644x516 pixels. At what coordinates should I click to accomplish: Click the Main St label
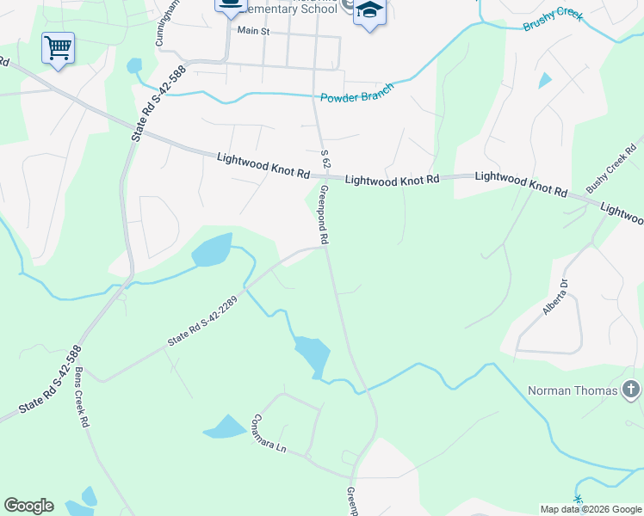pyautogui.click(x=253, y=31)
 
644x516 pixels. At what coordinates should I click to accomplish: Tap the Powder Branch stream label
pyautogui.click(x=356, y=93)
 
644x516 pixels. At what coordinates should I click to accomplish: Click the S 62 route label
pyautogui.click(x=325, y=158)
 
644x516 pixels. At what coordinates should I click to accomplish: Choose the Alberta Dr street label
pyautogui.click(x=556, y=297)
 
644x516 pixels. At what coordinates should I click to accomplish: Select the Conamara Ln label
pyautogui.click(x=268, y=436)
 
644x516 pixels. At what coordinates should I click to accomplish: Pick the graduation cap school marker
pyautogui.click(x=369, y=11)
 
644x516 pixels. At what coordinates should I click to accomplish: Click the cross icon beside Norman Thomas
pyautogui.click(x=630, y=390)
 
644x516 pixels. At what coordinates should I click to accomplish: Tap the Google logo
pyautogui.click(x=28, y=506)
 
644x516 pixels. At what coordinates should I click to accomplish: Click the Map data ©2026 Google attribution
pyautogui.click(x=590, y=509)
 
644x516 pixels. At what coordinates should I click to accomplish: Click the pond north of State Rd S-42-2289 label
pyautogui.click(x=213, y=251)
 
